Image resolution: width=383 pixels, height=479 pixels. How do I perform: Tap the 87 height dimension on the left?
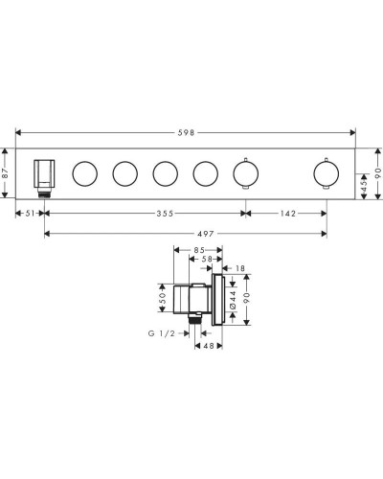7,172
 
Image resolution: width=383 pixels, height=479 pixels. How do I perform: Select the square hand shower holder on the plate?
43,173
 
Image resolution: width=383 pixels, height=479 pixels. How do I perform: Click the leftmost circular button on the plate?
84,173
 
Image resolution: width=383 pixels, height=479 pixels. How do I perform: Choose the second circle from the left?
124,173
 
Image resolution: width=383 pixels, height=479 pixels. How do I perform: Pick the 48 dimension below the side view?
207,348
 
